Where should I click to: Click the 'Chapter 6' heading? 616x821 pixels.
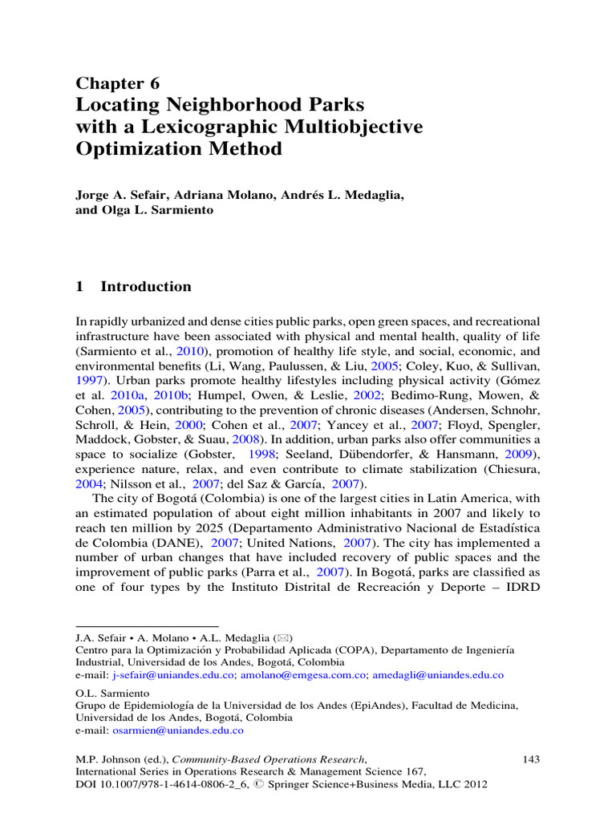(x=117, y=84)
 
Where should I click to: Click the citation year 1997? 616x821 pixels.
(x=89, y=380)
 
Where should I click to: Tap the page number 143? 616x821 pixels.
(x=531, y=758)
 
